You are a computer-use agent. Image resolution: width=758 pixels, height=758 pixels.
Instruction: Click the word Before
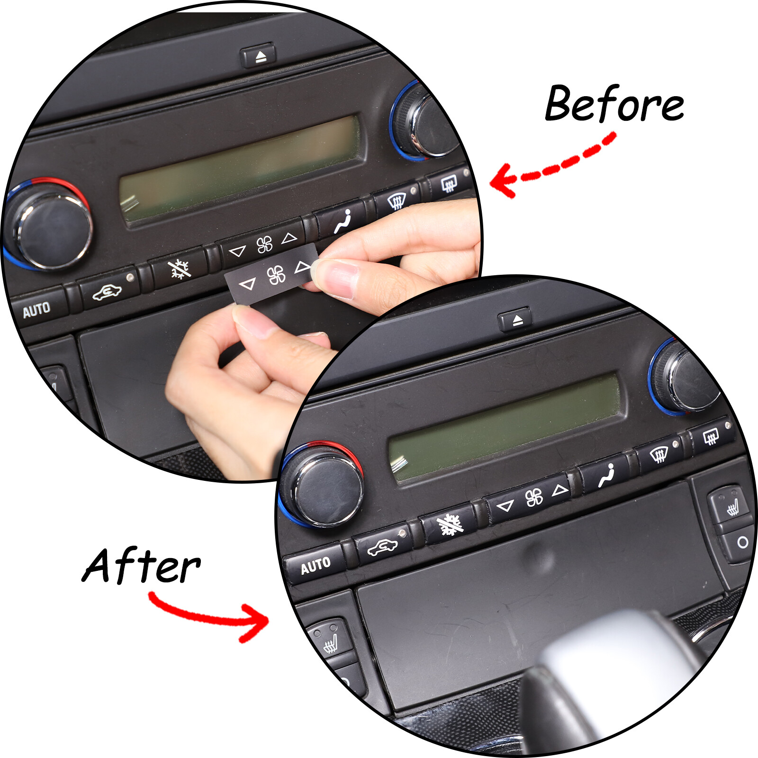tap(614, 104)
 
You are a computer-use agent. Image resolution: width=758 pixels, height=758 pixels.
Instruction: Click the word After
tap(142, 566)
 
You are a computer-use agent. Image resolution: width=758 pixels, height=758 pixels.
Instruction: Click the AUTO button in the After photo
tap(315, 565)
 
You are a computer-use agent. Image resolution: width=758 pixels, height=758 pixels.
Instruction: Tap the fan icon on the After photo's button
tap(534, 497)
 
